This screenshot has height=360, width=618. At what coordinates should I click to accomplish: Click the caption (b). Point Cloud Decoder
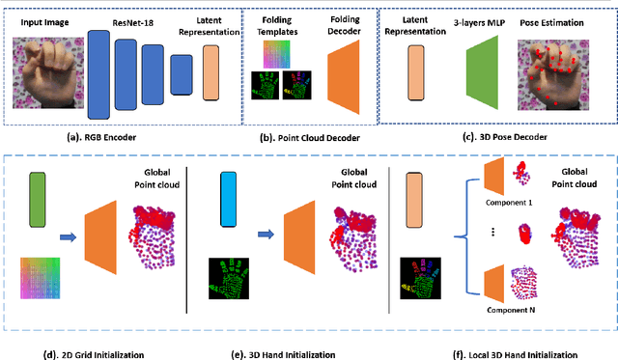[x=309, y=138]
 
